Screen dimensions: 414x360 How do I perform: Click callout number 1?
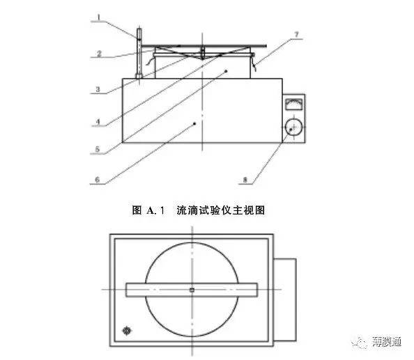coord(99,17)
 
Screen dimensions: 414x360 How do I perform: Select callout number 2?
coord(99,54)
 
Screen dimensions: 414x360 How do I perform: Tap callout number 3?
coord(98,89)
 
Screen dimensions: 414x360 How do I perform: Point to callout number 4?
coord(98,122)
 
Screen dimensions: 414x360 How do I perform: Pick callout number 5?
coord(98,149)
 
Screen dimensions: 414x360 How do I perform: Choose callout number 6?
coord(98,180)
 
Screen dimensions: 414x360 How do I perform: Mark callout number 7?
coord(296,35)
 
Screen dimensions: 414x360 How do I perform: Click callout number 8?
coord(245,180)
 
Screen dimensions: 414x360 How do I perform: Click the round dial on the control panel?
coord(294,127)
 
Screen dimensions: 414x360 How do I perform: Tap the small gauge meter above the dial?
coord(294,104)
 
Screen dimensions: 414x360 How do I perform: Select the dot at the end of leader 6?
coord(195,123)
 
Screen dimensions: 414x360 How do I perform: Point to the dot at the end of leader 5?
coord(226,71)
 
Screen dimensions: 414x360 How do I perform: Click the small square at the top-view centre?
coord(192,290)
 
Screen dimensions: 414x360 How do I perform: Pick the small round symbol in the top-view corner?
coord(127,331)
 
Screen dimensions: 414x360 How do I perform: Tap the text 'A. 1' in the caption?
coord(155,210)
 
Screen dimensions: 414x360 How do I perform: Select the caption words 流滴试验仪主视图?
coord(221,210)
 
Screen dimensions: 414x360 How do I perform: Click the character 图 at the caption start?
coord(137,210)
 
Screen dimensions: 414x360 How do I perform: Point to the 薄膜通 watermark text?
coord(387,341)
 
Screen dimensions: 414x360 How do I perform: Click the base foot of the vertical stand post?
coord(139,76)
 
